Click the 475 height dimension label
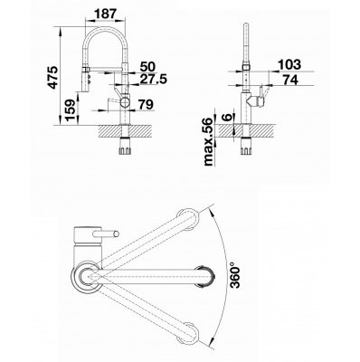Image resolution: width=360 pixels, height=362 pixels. [x=53, y=77]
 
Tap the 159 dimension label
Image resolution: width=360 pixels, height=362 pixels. [x=71, y=110]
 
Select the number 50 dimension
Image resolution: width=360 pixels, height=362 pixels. [x=147, y=66]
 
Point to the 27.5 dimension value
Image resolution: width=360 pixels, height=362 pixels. [x=153, y=79]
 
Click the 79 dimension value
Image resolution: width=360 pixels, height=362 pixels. [x=146, y=104]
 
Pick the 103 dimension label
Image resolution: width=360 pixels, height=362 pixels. [x=289, y=64]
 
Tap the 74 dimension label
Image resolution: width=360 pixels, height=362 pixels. [x=290, y=80]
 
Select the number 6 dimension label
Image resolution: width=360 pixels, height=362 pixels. [x=228, y=118]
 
